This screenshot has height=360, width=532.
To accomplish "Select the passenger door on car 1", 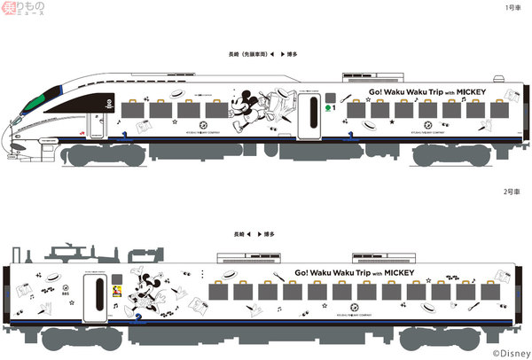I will pos(309,115).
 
